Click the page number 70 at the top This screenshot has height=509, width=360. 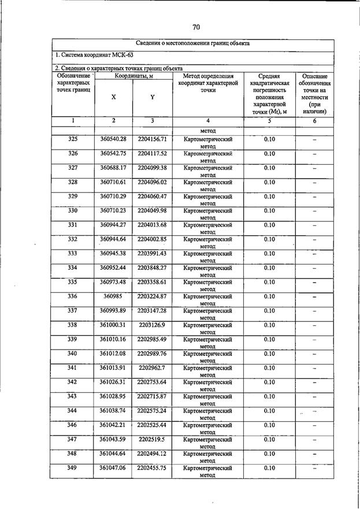click(196, 27)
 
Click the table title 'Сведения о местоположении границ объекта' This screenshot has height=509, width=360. click(193, 44)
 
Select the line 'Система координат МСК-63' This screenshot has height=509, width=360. click(90, 55)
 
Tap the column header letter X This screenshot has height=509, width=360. click(113, 98)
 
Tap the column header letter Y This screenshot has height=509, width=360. click(152, 98)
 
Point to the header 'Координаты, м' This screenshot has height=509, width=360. click(133, 76)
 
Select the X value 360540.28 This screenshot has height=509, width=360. click(113, 139)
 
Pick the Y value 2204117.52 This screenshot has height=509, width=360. click(152, 154)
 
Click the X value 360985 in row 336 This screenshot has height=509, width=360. click(113, 296)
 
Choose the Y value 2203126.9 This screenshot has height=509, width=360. click(152, 325)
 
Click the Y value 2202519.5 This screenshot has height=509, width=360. click(152, 439)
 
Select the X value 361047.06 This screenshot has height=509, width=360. click(113, 468)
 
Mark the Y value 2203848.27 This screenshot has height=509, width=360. click(152, 267)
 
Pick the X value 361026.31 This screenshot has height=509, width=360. click(113, 382)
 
